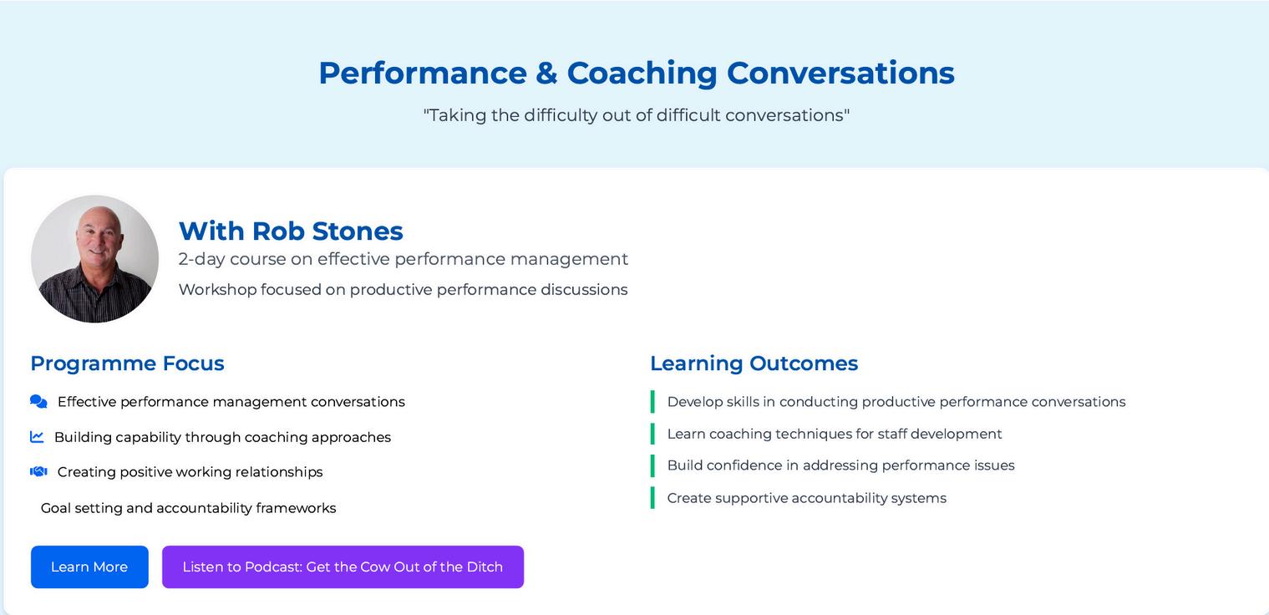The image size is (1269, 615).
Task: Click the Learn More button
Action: coord(89,567)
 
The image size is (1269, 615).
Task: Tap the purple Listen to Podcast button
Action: coord(343,567)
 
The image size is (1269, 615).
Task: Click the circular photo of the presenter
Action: coord(94,259)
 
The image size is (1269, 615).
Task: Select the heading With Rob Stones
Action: coord(291,231)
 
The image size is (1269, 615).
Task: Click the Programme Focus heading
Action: coord(128,363)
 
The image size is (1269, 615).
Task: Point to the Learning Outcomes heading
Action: coord(754,363)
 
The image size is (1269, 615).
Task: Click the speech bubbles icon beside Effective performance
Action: coord(38,402)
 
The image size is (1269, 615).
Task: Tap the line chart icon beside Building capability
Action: coord(37,437)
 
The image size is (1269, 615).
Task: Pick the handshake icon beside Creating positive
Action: coord(38,471)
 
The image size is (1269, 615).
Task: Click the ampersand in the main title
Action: coord(546,74)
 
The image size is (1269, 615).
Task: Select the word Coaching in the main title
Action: coord(642,74)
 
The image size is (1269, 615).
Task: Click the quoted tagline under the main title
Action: coord(637,115)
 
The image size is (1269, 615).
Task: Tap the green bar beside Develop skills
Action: coord(652,401)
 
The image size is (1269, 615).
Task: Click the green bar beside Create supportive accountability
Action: coord(652,498)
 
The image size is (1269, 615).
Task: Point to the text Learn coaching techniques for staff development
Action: coord(835,435)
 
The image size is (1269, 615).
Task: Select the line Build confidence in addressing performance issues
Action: coord(840,465)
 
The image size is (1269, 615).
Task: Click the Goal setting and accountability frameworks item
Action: coord(188,508)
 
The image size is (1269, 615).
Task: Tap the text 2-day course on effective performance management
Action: coord(403,259)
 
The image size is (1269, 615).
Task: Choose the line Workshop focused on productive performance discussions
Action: coord(403,290)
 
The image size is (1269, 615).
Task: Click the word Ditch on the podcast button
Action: coord(485,567)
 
